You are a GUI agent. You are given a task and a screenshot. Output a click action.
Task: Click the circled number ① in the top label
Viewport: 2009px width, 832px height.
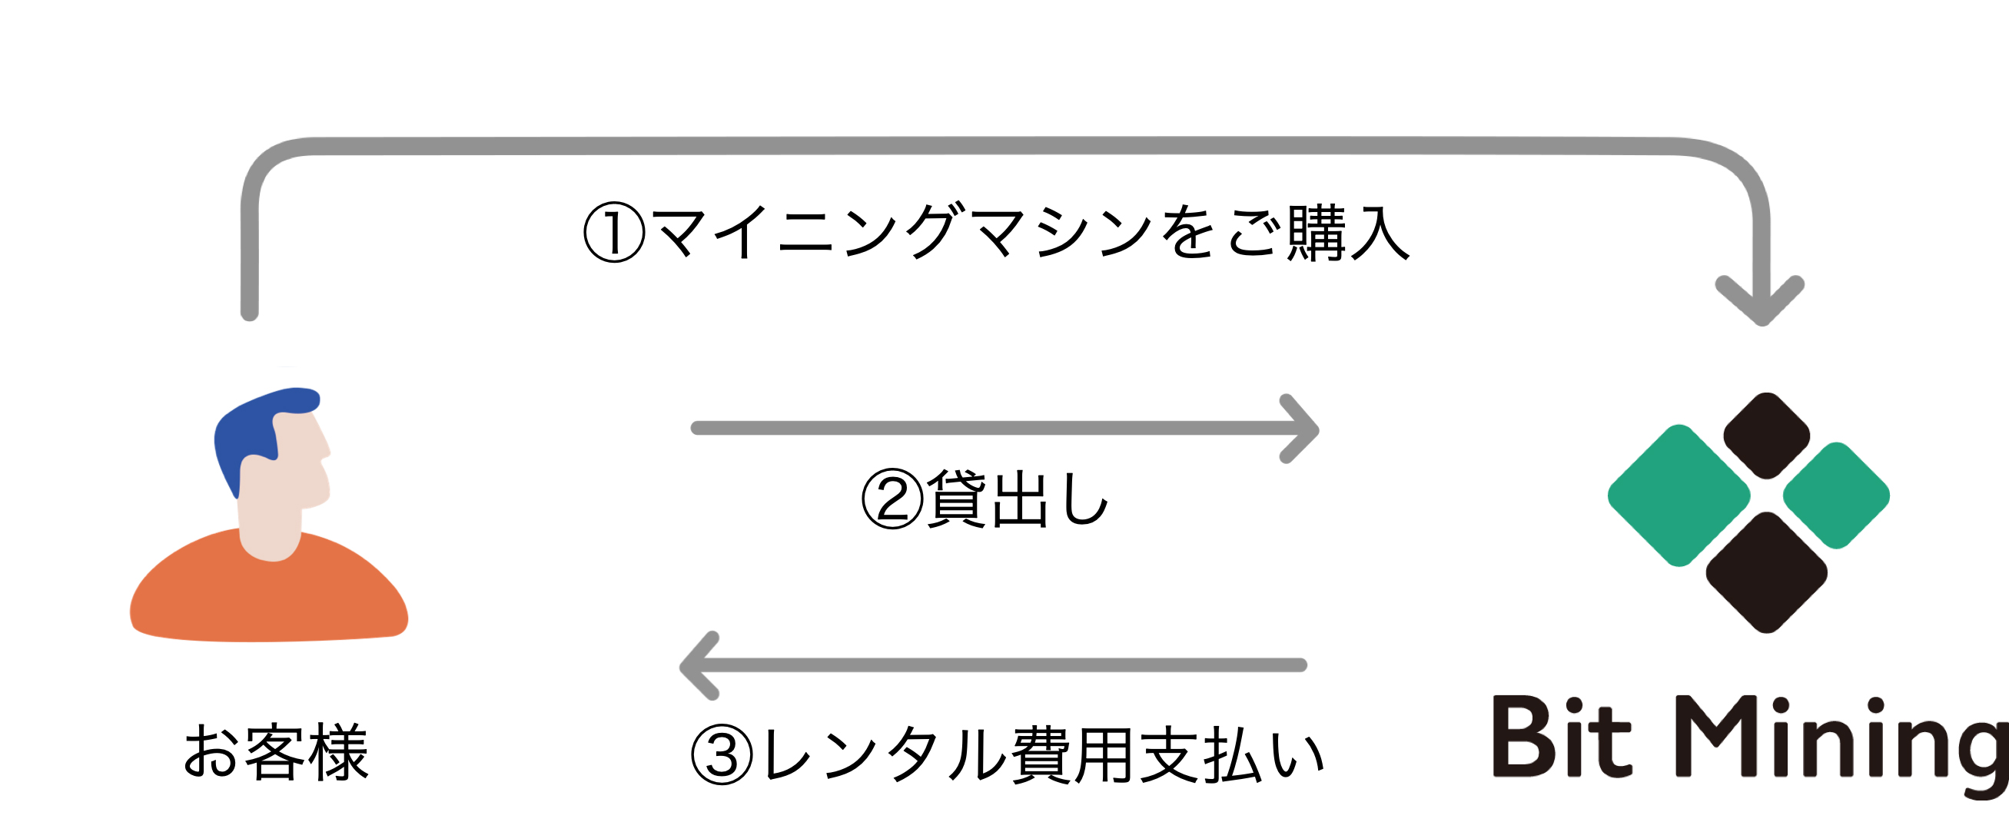tap(615, 232)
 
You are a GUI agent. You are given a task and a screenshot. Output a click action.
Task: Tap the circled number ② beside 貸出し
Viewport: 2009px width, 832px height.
tap(892, 499)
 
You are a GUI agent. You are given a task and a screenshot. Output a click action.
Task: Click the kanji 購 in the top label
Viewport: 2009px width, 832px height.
tap(1316, 232)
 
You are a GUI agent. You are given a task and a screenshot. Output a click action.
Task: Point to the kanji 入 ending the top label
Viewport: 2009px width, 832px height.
tap(1380, 232)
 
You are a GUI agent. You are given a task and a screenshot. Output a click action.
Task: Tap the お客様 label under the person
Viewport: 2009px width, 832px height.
tap(275, 751)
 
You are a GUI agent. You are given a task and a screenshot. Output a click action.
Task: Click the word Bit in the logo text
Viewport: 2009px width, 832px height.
tap(1562, 737)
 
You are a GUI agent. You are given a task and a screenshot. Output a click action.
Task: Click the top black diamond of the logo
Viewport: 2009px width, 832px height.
tap(1766, 435)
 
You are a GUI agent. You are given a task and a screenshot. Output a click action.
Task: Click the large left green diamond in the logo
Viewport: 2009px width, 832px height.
tap(1679, 496)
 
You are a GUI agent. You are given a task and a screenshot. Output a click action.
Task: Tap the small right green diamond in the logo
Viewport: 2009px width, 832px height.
tap(1837, 496)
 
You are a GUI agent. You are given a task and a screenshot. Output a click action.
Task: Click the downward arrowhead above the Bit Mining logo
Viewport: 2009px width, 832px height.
tap(1761, 300)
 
